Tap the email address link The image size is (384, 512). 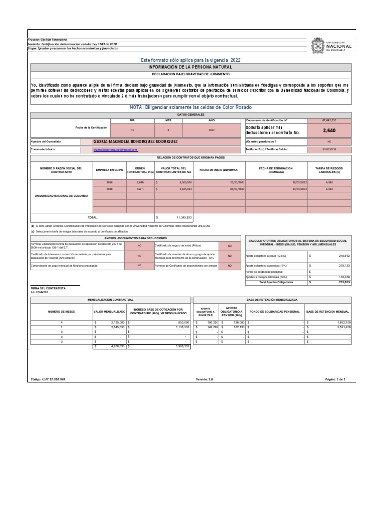tap(115, 150)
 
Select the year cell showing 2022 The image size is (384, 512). tap(211, 130)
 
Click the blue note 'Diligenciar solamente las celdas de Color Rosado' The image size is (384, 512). tap(189, 108)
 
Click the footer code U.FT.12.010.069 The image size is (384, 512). tap(48, 379)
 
